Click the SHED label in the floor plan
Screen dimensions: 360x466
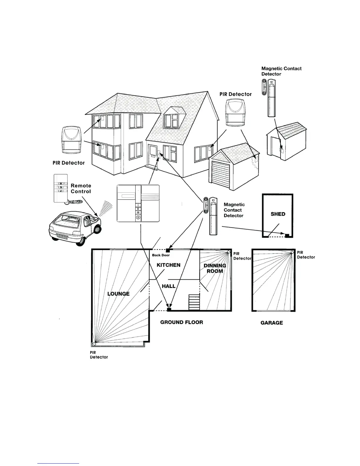pos(278,214)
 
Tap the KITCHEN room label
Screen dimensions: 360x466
pos(169,265)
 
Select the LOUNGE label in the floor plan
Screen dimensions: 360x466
pos(118,294)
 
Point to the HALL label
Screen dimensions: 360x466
pos(169,286)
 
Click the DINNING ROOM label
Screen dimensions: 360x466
pos(215,268)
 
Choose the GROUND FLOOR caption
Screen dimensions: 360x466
pos(181,322)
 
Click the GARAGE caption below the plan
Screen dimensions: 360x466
pos(271,323)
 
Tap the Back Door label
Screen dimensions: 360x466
pos(161,255)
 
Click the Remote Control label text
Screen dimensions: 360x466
pos(81,189)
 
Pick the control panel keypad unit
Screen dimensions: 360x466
pos(138,203)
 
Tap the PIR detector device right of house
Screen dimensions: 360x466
pos(235,112)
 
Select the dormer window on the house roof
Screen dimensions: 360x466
pos(171,121)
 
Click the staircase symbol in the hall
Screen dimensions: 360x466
pos(194,303)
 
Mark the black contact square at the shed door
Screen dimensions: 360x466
pos(287,235)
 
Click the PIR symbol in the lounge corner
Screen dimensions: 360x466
pos(94,344)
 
